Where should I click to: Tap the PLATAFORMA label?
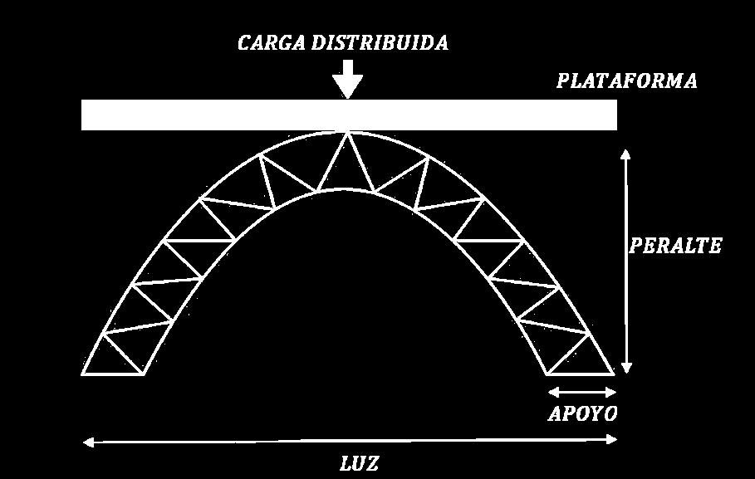pyautogui.click(x=626, y=81)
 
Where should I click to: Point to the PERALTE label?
pyautogui.click(x=675, y=247)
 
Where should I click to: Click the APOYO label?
pyautogui.click(x=582, y=413)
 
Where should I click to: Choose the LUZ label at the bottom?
pyautogui.click(x=359, y=463)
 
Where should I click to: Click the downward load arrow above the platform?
pyautogui.click(x=347, y=79)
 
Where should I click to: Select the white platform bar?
pyautogui.click(x=349, y=115)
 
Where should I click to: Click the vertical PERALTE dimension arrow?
pyautogui.click(x=626, y=261)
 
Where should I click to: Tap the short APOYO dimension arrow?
pyautogui.click(x=582, y=392)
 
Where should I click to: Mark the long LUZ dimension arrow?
pyautogui.click(x=349, y=442)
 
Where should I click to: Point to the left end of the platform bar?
pyautogui.click(x=86, y=115)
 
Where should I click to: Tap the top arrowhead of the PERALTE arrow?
pyautogui.click(x=626, y=154)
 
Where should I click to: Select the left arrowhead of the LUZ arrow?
pyautogui.click(x=86, y=442)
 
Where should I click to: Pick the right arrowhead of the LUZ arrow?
pyautogui.click(x=613, y=442)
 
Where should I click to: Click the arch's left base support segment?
pyautogui.click(x=113, y=374)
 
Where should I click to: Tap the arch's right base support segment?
pyautogui.click(x=581, y=374)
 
